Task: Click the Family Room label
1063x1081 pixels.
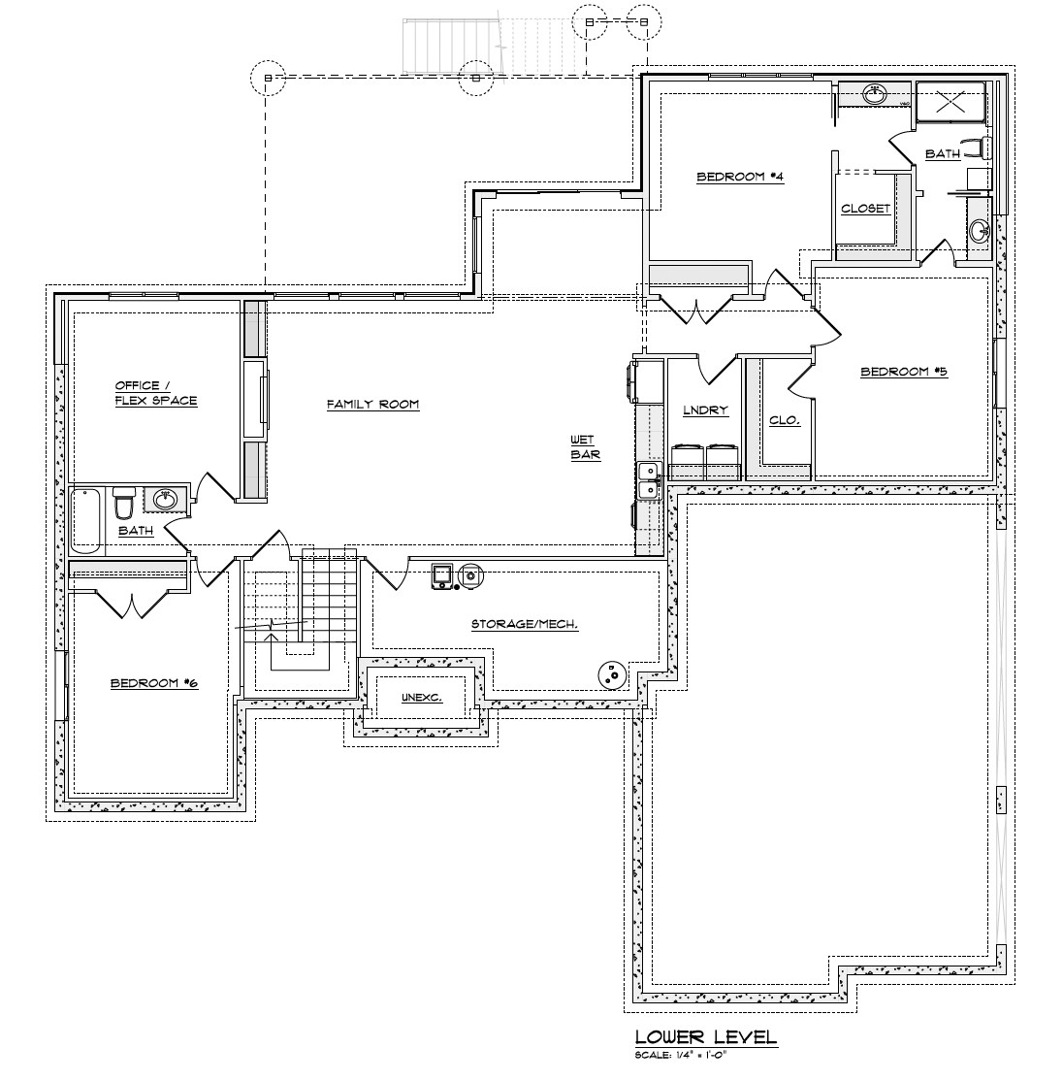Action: (372, 405)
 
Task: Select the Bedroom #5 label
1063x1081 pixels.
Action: (903, 372)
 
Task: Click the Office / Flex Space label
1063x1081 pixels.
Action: (155, 393)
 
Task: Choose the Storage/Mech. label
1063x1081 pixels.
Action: (524, 624)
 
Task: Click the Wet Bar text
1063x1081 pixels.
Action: (585, 447)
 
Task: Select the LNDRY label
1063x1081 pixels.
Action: (704, 410)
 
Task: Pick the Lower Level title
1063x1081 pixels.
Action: (705, 1037)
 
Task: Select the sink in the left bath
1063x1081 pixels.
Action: (165, 500)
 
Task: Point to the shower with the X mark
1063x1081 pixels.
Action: (950, 101)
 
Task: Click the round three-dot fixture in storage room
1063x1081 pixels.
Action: (612, 674)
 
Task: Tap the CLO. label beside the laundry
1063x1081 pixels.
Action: (784, 420)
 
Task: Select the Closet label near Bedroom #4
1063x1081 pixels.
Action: (865, 209)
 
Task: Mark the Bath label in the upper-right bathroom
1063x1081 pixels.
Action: (942, 154)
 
